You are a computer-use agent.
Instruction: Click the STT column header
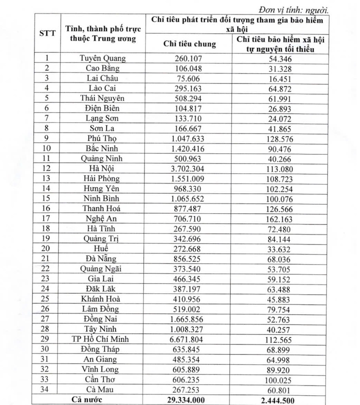(47, 33)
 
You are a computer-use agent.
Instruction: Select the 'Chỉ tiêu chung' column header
(190, 44)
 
